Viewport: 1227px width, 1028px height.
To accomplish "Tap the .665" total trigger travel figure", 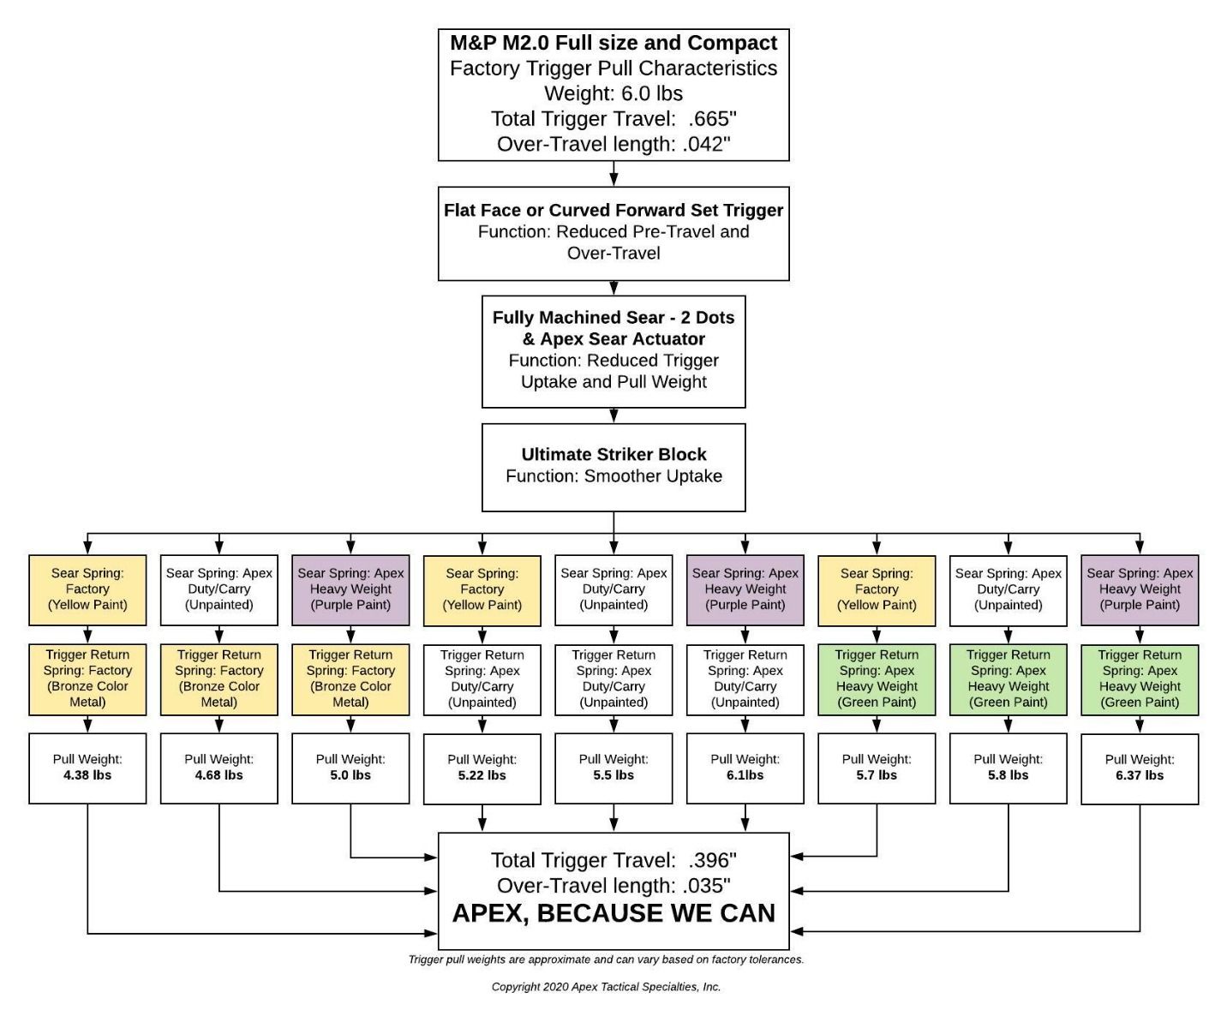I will coord(712,118).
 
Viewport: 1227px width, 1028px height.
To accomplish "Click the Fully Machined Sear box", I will coord(613,351).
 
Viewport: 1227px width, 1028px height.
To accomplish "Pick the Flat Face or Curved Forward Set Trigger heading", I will coord(613,210).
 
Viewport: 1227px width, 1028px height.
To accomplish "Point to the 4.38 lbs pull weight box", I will coord(87,768).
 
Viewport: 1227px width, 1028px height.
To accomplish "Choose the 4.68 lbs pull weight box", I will coord(219,768).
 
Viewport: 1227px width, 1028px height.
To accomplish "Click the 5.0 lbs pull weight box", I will coord(350,768).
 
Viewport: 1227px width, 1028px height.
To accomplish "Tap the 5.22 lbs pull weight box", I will coord(482,768).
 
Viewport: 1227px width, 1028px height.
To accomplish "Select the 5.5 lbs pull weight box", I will coord(613,768).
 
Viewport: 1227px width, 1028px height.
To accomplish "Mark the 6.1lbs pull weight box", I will coord(745,768).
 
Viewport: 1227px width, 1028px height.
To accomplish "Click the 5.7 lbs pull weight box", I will coord(877,768).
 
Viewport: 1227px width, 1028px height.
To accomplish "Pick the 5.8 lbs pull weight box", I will coord(1009,768).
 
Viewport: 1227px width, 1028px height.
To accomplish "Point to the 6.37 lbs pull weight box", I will coord(1140,768).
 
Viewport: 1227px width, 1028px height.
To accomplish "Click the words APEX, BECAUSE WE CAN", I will coord(613,913).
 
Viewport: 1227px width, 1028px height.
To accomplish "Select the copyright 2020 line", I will coord(606,987).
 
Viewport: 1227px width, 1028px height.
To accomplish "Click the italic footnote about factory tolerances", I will coord(606,959).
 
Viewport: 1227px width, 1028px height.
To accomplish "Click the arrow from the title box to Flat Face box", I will coord(613,174).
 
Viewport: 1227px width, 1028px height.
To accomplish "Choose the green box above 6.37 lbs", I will coord(1140,679).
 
